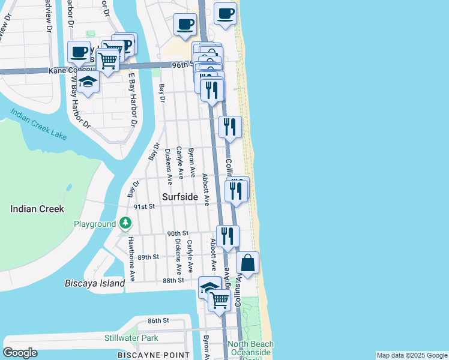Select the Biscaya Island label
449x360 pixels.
(95, 283)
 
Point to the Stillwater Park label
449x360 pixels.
(131, 338)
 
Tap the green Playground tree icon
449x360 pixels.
(125, 224)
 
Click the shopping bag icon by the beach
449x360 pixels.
(248, 263)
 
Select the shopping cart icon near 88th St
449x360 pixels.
(220, 299)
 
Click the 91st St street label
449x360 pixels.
(144, 206)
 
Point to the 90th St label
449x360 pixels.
(178, 233)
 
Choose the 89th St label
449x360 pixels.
(148, 257)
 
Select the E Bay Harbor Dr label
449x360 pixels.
(133, 99)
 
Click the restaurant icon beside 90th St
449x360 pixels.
(227, 235)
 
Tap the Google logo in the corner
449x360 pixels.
(20, 353)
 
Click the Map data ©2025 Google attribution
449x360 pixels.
(411, 355)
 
